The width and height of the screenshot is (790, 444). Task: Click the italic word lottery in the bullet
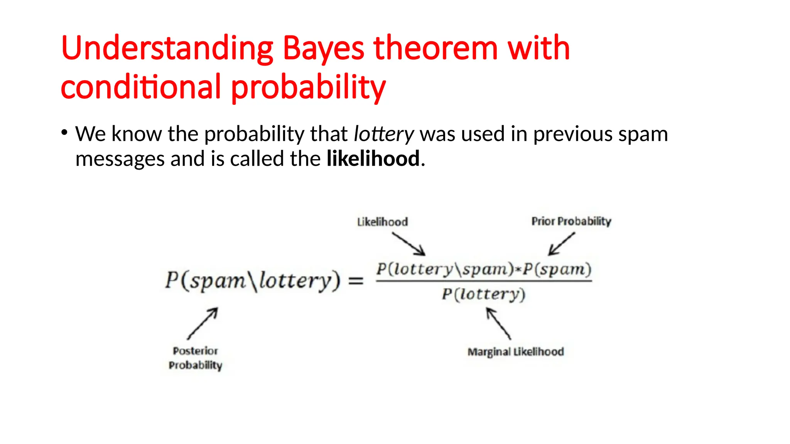pyautogui.click(x=383, y=134)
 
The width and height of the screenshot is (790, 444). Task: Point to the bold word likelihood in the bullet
pyautogui.click(x=373, y=158)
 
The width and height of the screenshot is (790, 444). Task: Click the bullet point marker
pyautogui.click(x=64, y=133)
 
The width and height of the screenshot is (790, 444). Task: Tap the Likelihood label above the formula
pyautogui.click(x=382, y=222)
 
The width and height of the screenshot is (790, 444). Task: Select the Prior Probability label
pyautogui.click(x=571, y=221)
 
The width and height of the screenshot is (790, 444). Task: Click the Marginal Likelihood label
pyautogui.click(x=515, y=352)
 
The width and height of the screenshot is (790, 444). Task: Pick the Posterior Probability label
pyautogui.click(x=195, y=358)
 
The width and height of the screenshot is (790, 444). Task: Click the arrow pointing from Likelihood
pyautogui.click(x=409, y=244)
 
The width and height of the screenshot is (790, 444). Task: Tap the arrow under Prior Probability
pyautogui.click(x=561, y=244)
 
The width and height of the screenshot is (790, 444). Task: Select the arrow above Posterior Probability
pyautogui.click(x=203, y=323)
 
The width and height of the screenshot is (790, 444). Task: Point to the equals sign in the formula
pyautogui.click(x=356, y=280)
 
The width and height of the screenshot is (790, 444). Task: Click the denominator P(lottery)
pyautogui.click(x=483, y=294)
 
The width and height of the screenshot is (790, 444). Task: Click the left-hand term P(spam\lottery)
pyautogui.click(x=253, y=280)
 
